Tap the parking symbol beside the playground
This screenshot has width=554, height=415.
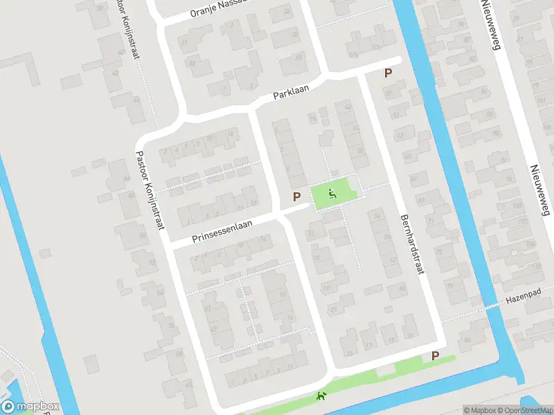point(297,196)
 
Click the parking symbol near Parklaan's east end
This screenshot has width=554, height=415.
point(388,73)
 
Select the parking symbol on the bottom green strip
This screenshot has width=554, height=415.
point(435,356)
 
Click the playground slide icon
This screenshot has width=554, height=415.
point(332,194)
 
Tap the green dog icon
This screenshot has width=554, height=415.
point(321,396)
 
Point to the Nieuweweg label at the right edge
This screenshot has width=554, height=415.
point(539,190)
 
